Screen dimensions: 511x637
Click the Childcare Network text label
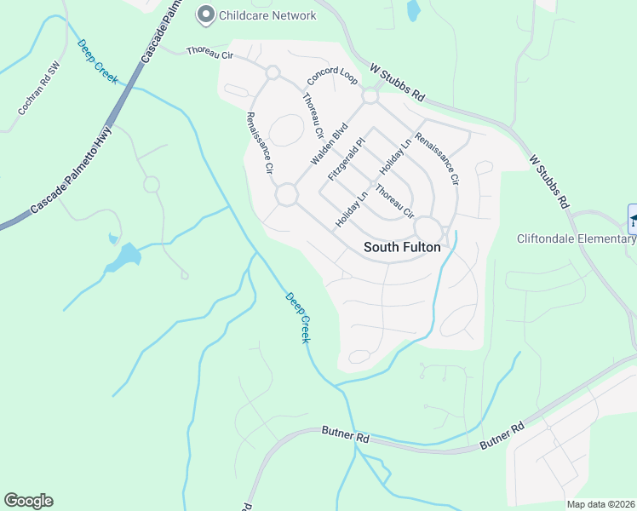point(267,15)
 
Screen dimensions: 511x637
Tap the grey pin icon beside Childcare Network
point(205,14)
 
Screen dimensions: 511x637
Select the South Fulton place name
point(402,248)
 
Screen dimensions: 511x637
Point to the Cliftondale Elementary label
point(577,238)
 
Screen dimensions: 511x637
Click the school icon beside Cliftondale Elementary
point(633,219)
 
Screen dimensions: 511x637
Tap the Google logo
point(28,501)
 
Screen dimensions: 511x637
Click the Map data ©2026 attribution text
point(600,504)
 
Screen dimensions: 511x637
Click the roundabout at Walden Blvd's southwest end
point(286,195)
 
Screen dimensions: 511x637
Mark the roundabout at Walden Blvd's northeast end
point(370,97)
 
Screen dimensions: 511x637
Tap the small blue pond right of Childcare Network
point(414,10)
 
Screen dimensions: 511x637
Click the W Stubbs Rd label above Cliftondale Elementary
point(548,182)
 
